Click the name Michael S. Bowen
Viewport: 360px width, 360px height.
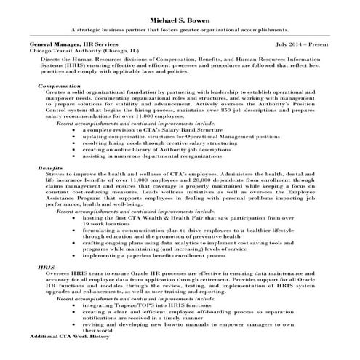click(x=180, y=20)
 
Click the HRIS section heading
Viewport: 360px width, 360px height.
click(x=46, y=268)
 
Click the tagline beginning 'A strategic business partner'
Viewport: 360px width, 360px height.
click(x=180, y=31)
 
